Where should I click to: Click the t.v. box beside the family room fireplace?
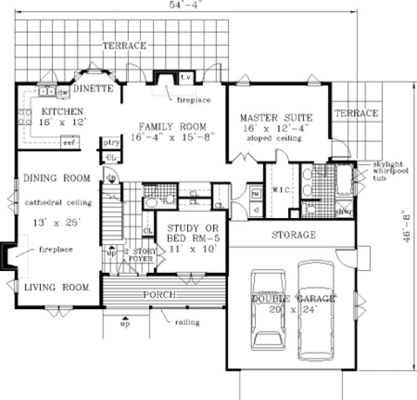pyautogui.click(x=186, y=78)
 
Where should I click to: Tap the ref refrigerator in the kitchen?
pyautogui.click(x=69, y=143)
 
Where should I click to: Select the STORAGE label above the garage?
pyautogui.click(x=293, y=234)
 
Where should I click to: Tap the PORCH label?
pyautogui.click(x=159, y=295)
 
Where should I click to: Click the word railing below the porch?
pyautogui.click(x=187, y=322)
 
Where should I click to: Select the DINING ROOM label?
pyautogui.click(x=57, y=178)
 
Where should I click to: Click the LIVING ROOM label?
pyautogui.click(x=57, y=287)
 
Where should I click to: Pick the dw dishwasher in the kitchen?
pyautogui.click(x=62, y=92)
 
